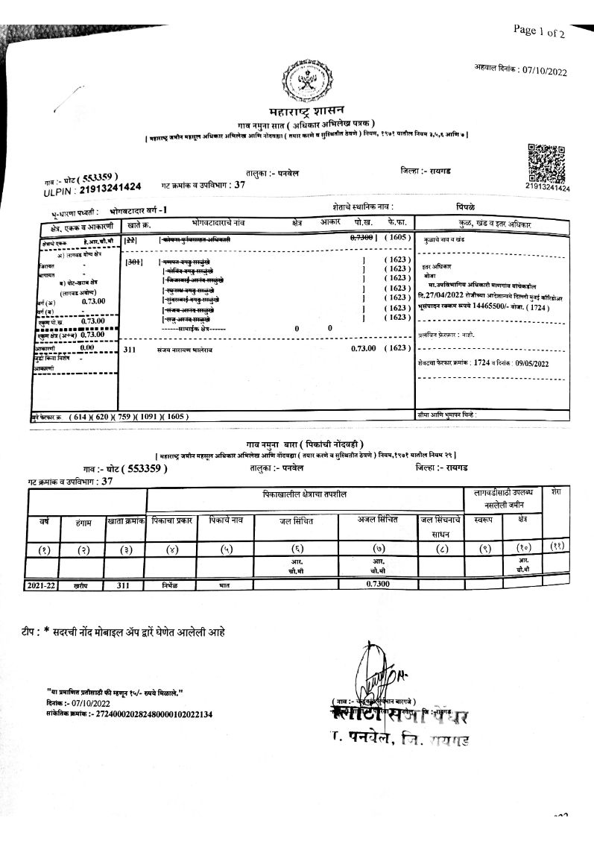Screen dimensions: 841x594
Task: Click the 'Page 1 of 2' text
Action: click(x=539, y=31)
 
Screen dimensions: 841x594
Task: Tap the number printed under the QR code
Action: click(x=547, y=188)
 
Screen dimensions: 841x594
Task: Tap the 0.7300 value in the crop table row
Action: click(x=378, y=585)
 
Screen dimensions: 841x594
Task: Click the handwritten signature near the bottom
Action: click(x=374, y=671)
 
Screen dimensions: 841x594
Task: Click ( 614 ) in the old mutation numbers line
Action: click(x=78, y=417)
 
